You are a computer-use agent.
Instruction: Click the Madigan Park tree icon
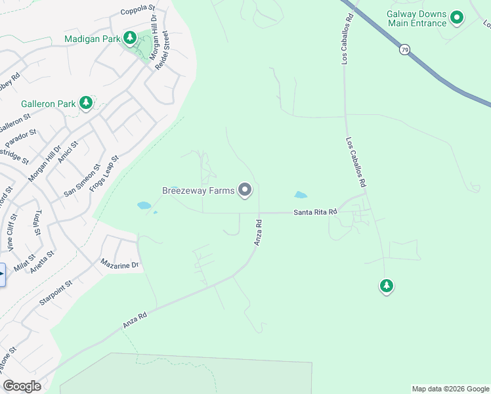[x=131, y=38]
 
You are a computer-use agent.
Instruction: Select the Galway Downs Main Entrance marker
[x=457, y=18]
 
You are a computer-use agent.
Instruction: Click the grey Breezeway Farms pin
[x=245, y=190]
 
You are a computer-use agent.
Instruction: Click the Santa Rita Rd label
[x=315, y=212]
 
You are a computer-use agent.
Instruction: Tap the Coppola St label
[x=137, y=12]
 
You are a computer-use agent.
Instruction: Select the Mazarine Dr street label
[x=119, y=265]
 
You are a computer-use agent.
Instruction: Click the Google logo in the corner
[x=22, y=386]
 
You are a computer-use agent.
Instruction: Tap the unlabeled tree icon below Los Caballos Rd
[x=387, y=286]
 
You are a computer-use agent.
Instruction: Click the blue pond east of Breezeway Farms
[x=300, y=195]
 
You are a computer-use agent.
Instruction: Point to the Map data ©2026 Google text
[x=450, y=389]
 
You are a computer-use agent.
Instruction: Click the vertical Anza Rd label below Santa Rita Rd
[x=259, y=232]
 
